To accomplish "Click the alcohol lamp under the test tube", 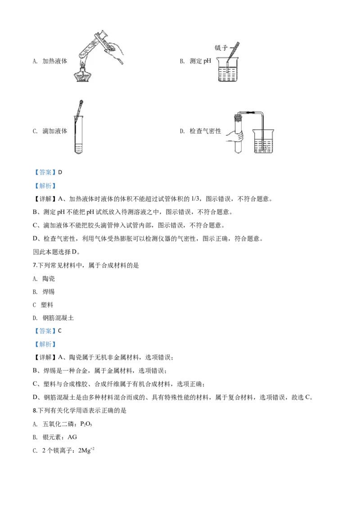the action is point(82,73).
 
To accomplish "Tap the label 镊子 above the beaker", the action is point(221,48).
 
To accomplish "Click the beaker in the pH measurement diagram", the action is point(229,69).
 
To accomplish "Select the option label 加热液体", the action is point(55,61).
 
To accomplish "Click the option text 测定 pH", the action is point(200,61).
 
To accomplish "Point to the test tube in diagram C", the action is point(79,135).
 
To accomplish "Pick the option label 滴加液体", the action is point(55,131).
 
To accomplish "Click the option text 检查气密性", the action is point(205,131).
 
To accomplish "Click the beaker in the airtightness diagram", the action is point(264,141).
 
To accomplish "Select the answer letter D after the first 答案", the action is point(60,172).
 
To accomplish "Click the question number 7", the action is point(35,266).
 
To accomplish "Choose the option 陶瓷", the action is point(49,279).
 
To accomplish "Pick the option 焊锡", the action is point(49,292).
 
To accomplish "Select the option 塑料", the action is point(47,305).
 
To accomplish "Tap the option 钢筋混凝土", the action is point(58,318).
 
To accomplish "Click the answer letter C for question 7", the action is point(60,331).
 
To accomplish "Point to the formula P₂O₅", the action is point(86,424).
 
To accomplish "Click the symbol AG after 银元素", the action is point(72,437).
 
